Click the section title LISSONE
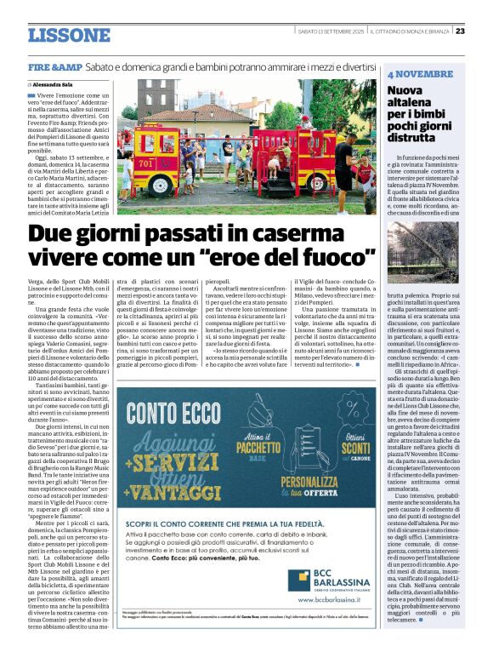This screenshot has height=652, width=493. coord(69,35)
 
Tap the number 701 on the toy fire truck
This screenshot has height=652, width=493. coord(146,162)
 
